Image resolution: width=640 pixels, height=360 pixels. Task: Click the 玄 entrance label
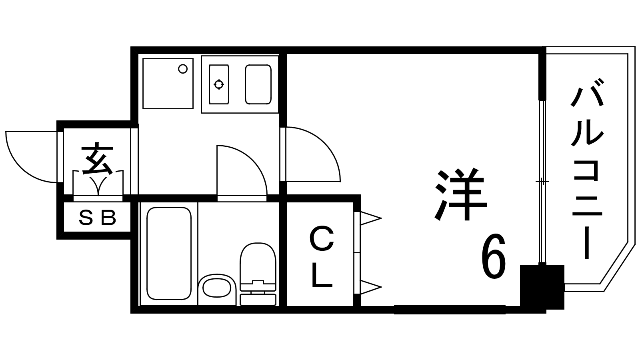coord(97,159)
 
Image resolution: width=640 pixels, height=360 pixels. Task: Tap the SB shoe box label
coord(97,218)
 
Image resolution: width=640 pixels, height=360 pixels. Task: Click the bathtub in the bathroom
coord(169,253)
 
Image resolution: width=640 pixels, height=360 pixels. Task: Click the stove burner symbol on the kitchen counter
coord(219,84)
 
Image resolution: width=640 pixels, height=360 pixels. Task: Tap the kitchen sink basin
coord(258,84)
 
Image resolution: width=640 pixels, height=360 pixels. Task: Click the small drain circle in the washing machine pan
coord(183,69)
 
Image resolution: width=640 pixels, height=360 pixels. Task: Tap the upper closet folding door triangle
coord(370,218)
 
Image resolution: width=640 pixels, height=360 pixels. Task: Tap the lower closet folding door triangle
coord(370,287)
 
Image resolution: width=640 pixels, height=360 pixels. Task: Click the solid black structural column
coord(542,287)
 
